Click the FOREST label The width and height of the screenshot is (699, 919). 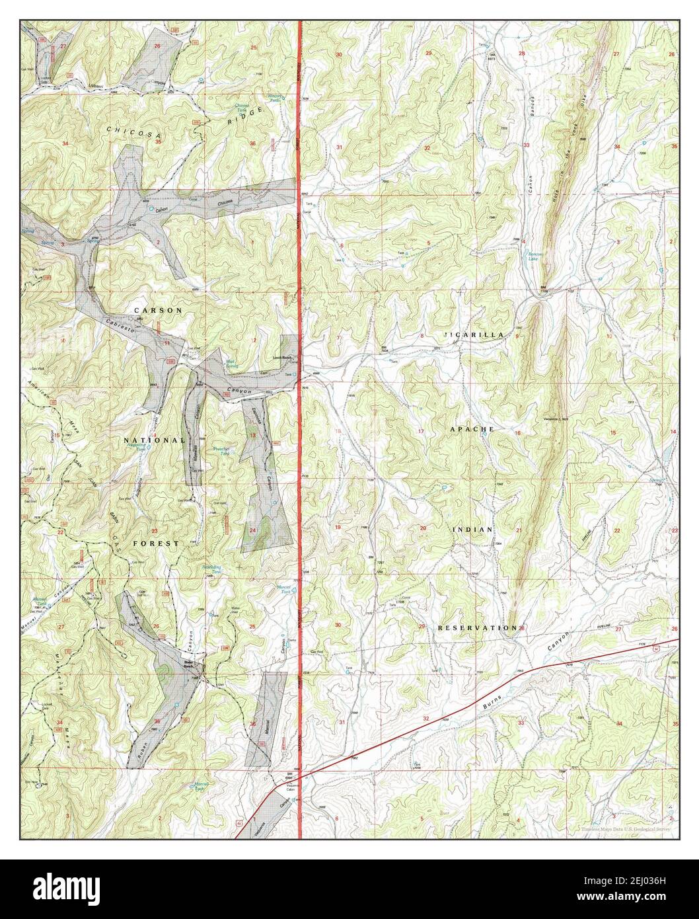(x=155, y=543)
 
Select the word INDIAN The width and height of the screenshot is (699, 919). (x=472, y=530)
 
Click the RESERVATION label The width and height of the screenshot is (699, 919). (x=476, y=627)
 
